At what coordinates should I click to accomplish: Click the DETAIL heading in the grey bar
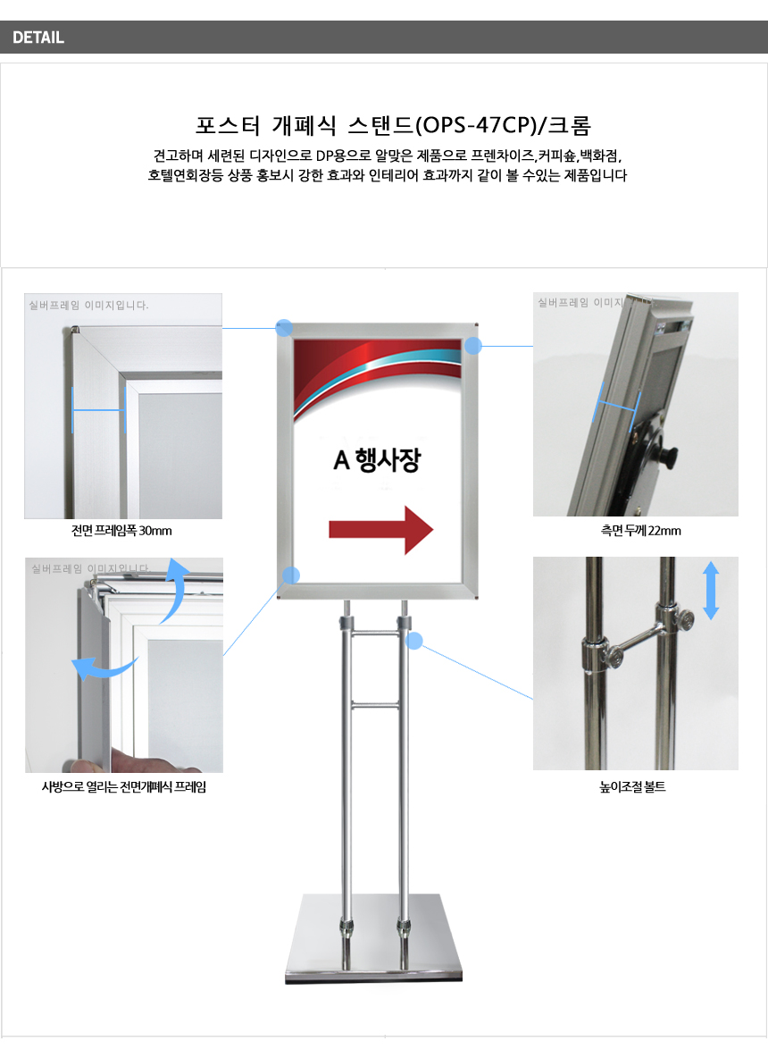[x=38, y=38]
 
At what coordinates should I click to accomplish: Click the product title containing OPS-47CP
[x=393, y=125]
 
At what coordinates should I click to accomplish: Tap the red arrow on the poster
[x=381, y=531]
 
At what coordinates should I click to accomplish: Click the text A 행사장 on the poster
[x=377, y=460]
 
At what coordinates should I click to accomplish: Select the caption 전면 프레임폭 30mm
[x=121, y=531]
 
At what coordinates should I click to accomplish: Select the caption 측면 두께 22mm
[x=640, y=531]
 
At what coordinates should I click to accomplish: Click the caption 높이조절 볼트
[x=632, y=786]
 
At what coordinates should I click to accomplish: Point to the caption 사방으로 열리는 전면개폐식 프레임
[x=124, y=786]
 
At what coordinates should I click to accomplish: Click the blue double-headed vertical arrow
[x=711, y=591]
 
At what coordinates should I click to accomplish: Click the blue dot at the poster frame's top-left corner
[x=284, y=329]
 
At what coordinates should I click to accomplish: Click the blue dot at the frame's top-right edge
[x=473, y=346]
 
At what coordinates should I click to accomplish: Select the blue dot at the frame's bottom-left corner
[x=290, y=575]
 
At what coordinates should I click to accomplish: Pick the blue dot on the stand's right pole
[x=414, y=641]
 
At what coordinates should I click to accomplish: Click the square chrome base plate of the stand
[x=374, y=938]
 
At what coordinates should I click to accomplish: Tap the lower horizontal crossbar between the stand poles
[x=375, y=706]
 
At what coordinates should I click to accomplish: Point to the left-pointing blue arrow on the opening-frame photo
[x=104, y=668]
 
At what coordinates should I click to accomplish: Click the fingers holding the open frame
[x=135, y=762]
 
